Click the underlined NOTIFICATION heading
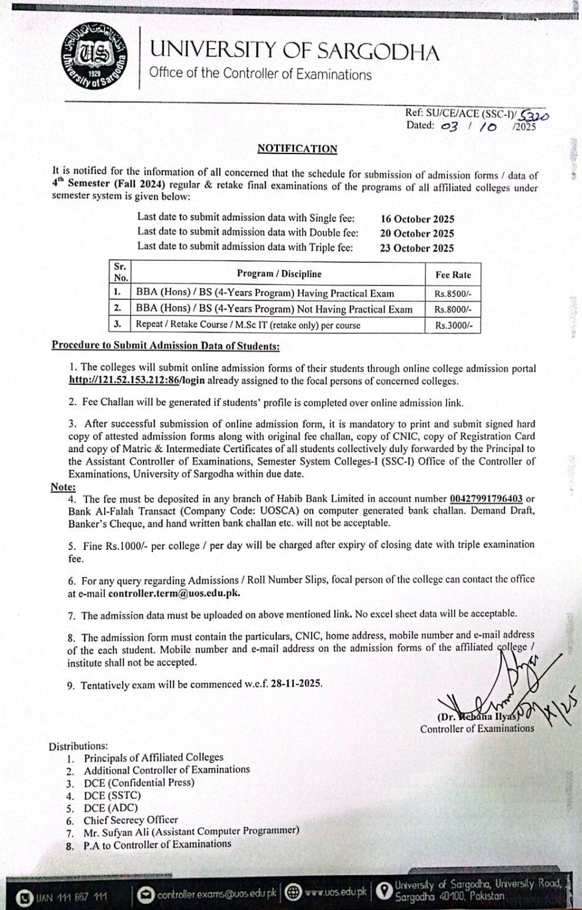[297, 149]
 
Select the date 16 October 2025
[417, 219]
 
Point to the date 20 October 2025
[417, 234]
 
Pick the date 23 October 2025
[417, 248]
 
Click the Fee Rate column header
[453, 275]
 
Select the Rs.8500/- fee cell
[453, 294]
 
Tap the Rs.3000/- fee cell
[453, 325]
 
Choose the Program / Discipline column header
[279, 274]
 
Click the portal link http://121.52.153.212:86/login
[137, 381]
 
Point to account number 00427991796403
[486, 499]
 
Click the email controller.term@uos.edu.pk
[174, 593]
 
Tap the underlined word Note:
[63, 487]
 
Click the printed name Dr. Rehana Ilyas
[479, 717]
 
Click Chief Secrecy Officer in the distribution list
[131, 819]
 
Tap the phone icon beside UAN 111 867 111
[25, 897]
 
